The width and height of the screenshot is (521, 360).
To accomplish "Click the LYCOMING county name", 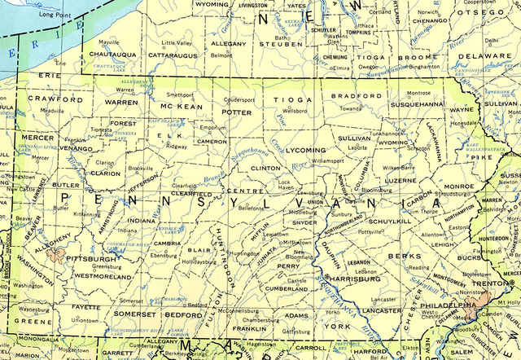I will (x=305, y=151).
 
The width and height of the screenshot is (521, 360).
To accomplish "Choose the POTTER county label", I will (x=237, y=112).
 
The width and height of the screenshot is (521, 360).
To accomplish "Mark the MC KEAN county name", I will (x=180, y=107).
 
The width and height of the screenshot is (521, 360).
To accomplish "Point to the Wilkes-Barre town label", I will (x=399, y=167).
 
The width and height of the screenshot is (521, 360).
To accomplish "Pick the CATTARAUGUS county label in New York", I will (x=167, y=55).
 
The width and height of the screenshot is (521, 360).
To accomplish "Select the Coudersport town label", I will (x=239, y=100).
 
